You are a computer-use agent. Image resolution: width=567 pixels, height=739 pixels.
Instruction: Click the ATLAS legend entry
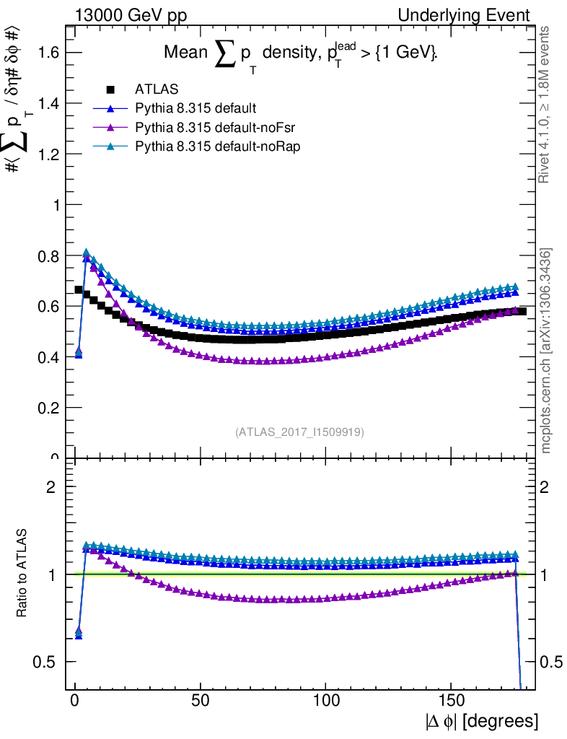pos(157,89)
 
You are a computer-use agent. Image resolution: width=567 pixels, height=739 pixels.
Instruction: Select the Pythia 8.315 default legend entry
pos(195,108)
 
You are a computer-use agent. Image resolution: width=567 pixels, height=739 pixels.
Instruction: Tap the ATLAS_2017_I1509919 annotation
pos(299,432)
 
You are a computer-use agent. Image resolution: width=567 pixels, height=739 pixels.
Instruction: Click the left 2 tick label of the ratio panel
pos(52,486)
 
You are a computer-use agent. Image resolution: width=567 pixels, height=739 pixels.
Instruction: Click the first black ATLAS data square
pos(79,289)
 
